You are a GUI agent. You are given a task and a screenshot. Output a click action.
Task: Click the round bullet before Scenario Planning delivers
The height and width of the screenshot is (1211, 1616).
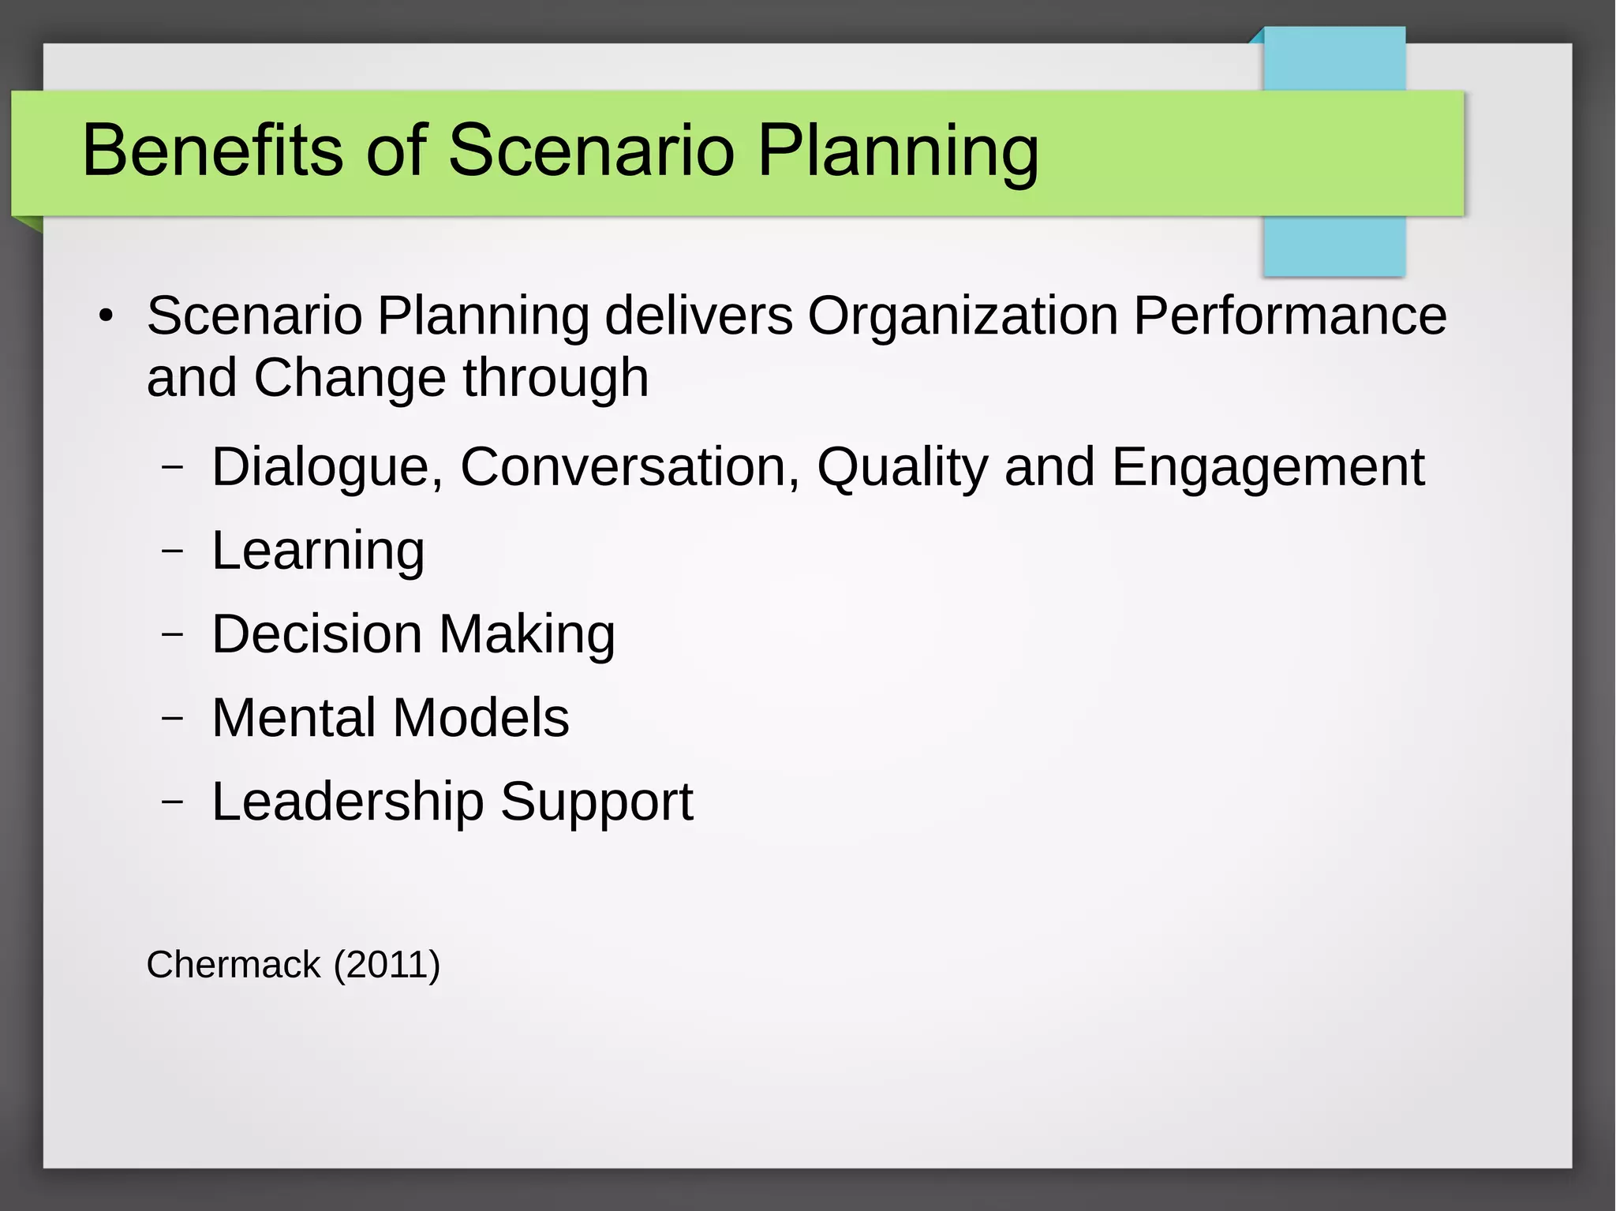click(107, 317)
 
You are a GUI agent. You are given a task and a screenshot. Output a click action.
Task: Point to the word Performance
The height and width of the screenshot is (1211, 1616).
click(1289, 316)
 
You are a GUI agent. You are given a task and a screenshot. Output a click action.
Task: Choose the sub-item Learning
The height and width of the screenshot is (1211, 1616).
click(318, 551)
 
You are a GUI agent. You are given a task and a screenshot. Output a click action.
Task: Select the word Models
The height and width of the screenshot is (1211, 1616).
click(481, 718)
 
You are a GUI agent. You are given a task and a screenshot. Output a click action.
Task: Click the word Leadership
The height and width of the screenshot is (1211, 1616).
click(347, 802)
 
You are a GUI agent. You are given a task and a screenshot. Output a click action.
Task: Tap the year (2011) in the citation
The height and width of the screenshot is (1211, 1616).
click(387, 965)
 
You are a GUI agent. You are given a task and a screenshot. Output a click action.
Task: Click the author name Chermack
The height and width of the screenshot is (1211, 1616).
click(234, 965)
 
